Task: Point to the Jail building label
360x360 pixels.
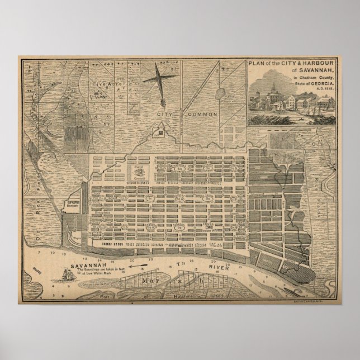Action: point(162,132)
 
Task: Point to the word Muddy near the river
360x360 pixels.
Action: point(38,268)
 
